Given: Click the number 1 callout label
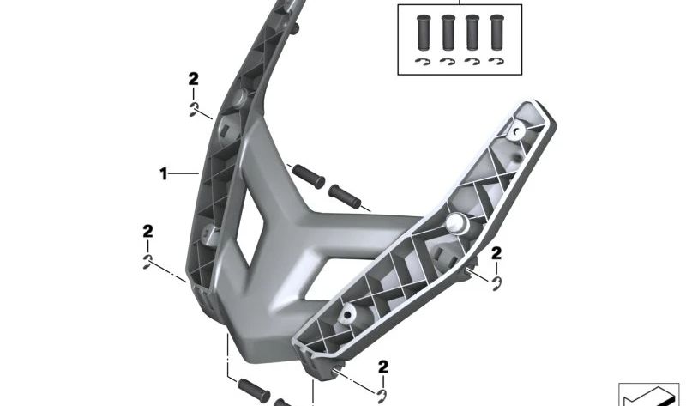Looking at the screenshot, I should tap(163, 174).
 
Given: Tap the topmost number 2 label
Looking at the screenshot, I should tap(194, 79).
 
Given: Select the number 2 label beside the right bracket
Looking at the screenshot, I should tap(496, 252).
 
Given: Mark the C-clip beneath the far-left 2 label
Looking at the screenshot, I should tap(148, 262).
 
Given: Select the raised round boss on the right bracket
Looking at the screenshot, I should tap(457, 224).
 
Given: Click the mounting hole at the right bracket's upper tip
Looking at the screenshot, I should tap(519, 131).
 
